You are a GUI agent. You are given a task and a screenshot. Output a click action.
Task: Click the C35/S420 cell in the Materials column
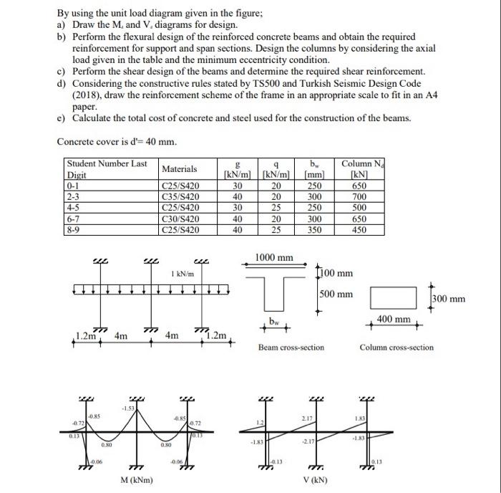[177, 193]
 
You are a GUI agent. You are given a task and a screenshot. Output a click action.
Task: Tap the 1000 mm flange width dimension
[274, 257]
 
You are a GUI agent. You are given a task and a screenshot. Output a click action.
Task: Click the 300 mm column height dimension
[448, 298]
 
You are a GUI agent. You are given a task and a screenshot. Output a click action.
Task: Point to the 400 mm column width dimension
[394, 319]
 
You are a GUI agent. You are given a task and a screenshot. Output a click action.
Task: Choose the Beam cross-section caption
[291, 347]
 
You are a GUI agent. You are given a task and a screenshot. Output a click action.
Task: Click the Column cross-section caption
[396, 347]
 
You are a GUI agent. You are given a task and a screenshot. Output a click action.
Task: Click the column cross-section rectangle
[393, 297]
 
